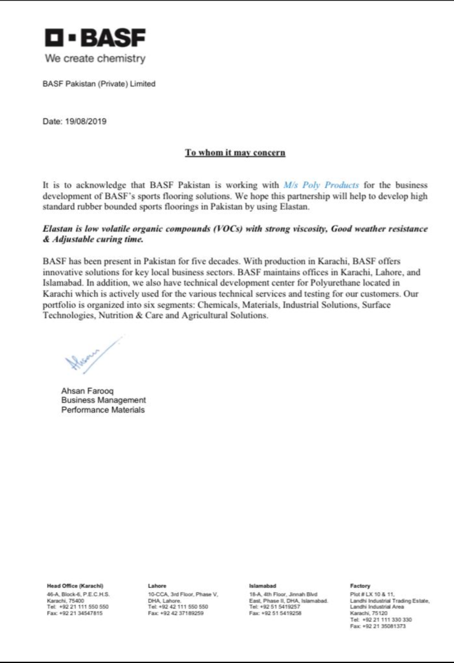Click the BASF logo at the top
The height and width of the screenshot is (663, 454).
95,38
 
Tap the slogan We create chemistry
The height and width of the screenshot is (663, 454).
95,58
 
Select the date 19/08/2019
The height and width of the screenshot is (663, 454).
86,121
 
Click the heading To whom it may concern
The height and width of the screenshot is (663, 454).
235,153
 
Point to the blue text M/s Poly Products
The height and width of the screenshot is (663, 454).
321,185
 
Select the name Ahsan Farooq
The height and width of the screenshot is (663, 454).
87,391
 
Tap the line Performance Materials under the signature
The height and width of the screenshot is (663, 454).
103,410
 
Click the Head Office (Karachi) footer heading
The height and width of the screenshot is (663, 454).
75,586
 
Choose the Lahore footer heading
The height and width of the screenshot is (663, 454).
157,586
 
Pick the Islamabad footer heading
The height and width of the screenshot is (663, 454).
263,586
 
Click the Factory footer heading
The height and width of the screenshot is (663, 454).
360,586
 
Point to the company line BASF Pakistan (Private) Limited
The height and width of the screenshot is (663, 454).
99,84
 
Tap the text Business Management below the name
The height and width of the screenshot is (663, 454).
103,400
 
